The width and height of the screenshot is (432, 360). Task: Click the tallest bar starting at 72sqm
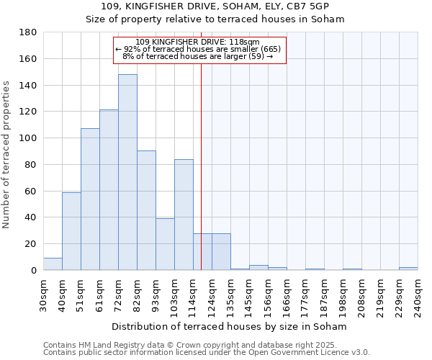coord(127,172)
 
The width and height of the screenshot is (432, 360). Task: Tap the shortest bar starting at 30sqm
coord(53,264)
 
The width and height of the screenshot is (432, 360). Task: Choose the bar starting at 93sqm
coord(165,244)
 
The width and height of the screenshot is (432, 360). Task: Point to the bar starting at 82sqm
coord(146,210)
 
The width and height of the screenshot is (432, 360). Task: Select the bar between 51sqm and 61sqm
coord(90,199)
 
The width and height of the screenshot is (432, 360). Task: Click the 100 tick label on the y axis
coord(29,138)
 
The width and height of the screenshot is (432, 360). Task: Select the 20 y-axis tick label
coord(32,244)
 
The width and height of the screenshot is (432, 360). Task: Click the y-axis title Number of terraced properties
coord(7,155)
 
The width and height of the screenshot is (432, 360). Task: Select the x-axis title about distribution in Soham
coord(230,326)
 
